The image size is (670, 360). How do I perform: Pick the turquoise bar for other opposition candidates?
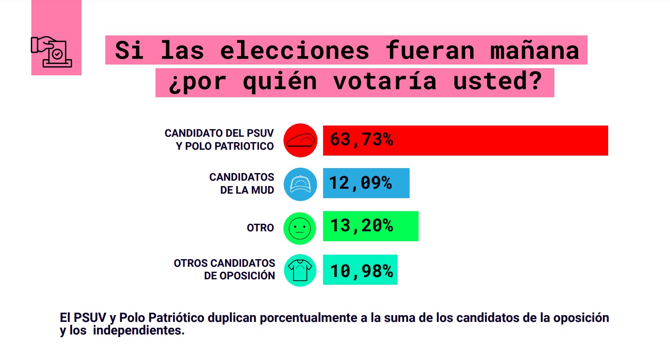coord(360,269)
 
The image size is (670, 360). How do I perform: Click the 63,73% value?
coord(361,140)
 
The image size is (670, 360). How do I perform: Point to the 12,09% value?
coord(361,183)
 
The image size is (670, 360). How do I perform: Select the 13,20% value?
coord(361,226)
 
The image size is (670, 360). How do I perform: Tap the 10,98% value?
coord(361,270)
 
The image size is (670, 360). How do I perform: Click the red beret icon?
coord(300,140)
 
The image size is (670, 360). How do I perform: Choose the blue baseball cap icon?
coord(300,183)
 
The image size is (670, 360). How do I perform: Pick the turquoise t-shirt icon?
coord(300,270)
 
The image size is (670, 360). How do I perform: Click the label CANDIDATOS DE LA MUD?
coord(242,183)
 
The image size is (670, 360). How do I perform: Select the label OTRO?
coord(260,228)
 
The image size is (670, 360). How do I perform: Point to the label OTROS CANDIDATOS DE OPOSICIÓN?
coord(225,269)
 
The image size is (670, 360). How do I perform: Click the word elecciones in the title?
coord(294,51)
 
